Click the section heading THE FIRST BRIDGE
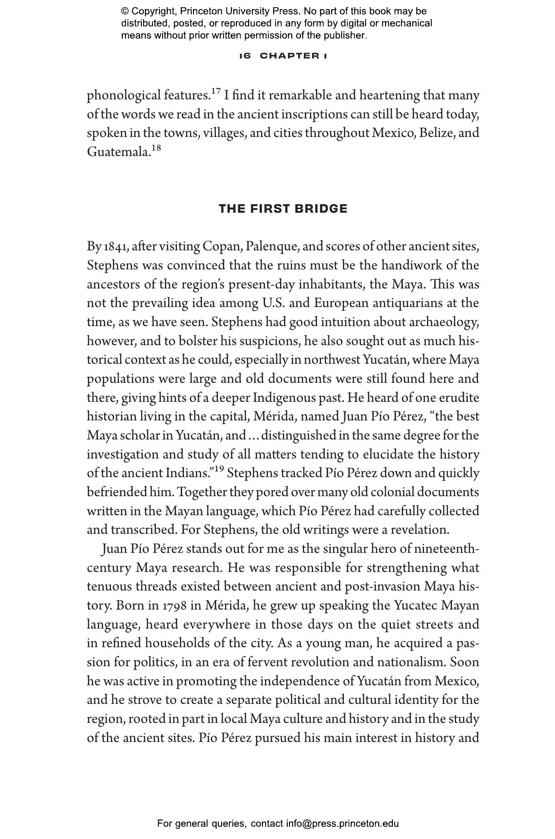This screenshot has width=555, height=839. [x=283, y=209]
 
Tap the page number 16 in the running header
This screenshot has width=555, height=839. [x=245, y=56]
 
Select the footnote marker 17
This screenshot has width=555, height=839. [x=216, y=92]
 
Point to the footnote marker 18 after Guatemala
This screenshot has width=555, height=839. [x=156, y=148]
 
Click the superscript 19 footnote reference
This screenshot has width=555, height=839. [x=219, y=469]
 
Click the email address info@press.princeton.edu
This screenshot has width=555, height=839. [x=342, y=823]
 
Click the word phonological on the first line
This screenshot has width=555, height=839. [x=123, y=96]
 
